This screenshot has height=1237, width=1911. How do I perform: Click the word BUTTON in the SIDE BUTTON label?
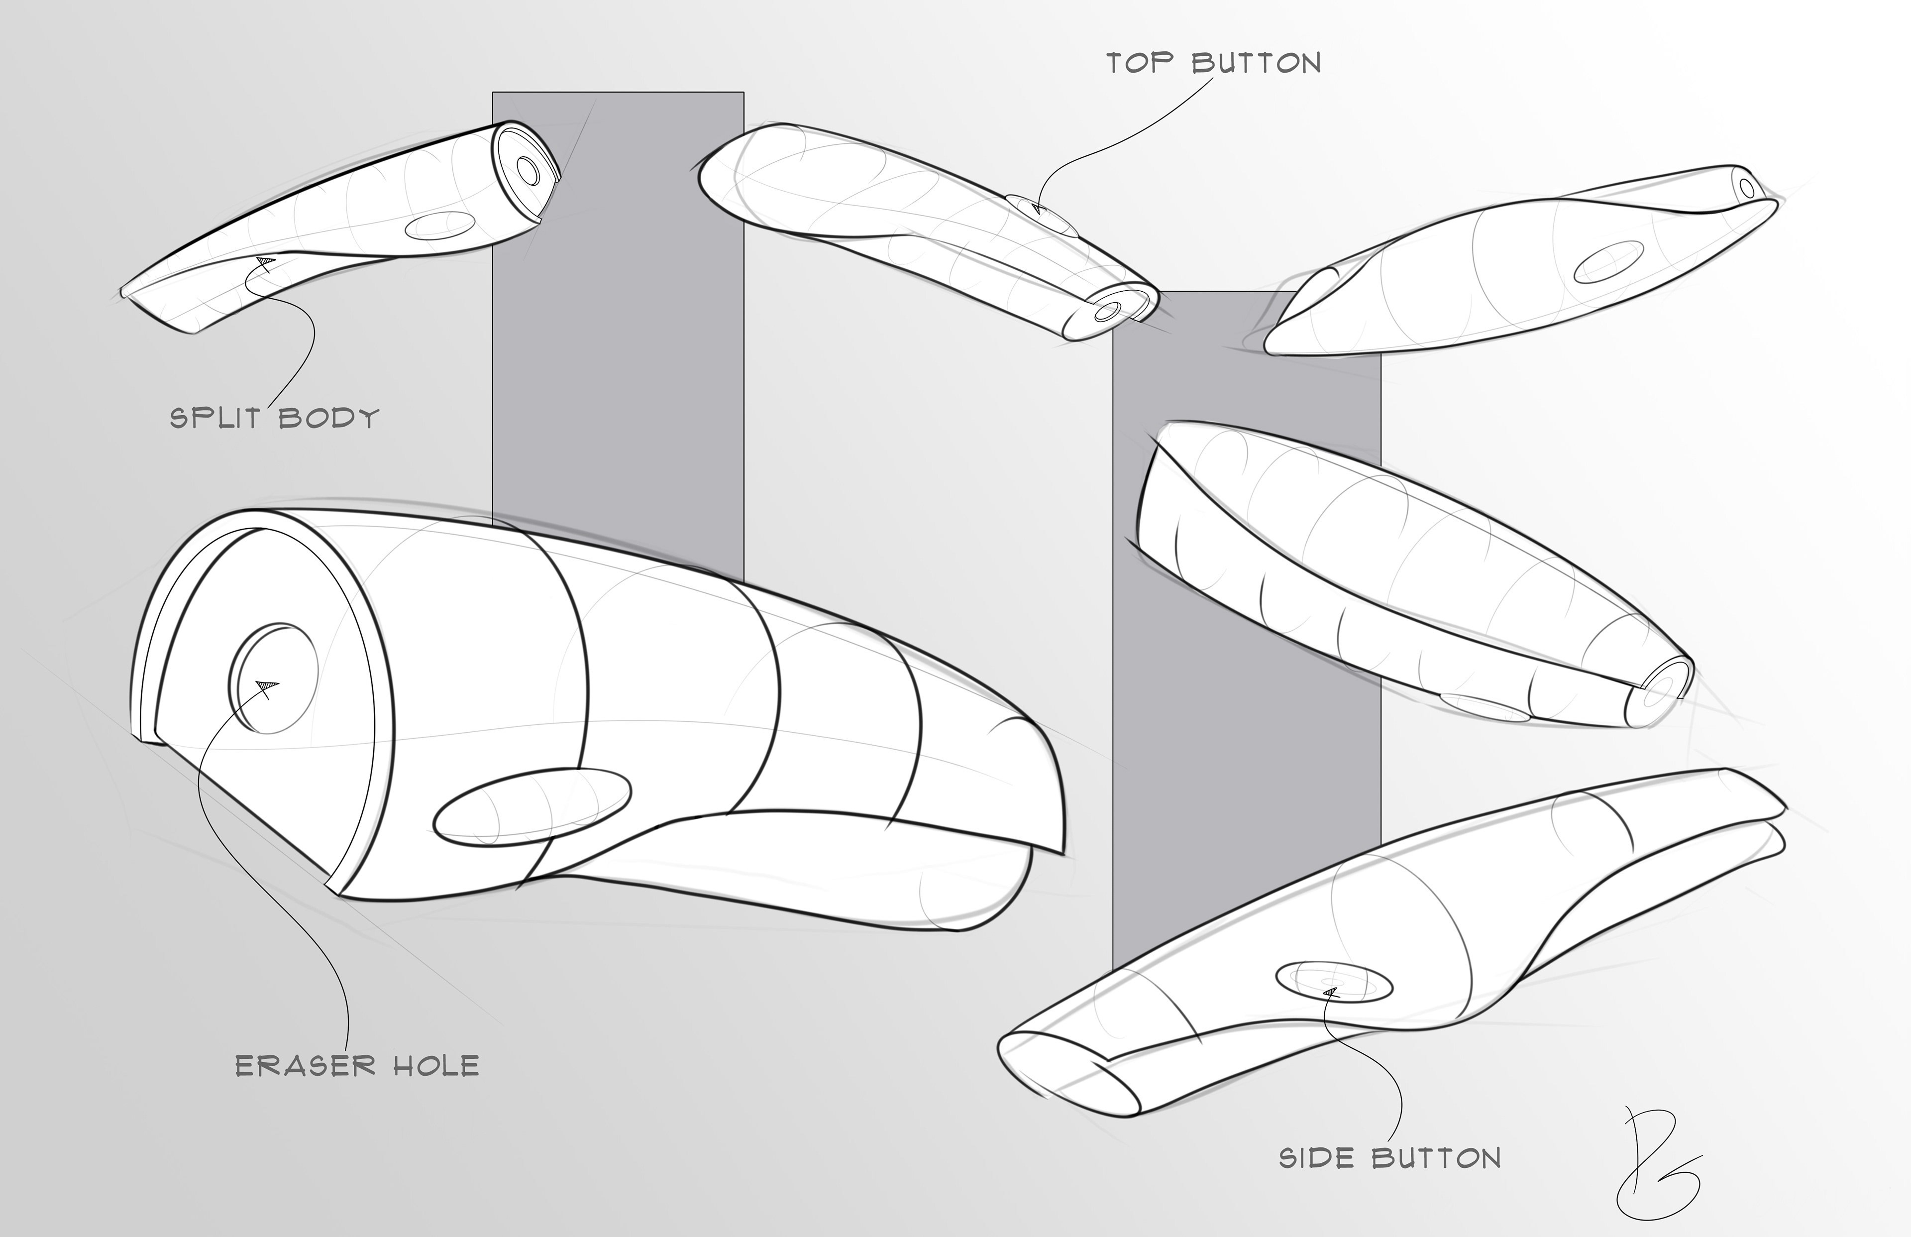[1436, 1158]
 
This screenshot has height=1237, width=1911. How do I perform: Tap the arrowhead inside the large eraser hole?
[267, 684]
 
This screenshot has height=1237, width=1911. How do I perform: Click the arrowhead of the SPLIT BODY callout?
[264, 260]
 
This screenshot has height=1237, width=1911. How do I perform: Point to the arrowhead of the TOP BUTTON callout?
[1037, 210]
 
